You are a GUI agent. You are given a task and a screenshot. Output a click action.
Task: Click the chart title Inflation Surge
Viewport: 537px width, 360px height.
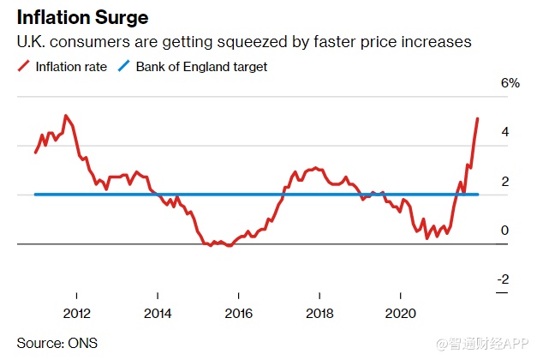click(76, 16)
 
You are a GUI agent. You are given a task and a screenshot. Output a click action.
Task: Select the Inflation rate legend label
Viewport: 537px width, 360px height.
click(73, 66)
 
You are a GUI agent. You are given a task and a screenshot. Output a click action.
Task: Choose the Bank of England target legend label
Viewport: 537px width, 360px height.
click(207, 66)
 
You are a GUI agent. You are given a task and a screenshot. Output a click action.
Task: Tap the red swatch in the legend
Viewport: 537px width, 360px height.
click(24, 66)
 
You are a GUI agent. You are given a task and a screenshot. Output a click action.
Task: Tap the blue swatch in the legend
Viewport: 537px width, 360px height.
click(127, 66)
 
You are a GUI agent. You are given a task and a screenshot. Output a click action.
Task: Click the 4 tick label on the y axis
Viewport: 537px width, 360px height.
click(505, 132)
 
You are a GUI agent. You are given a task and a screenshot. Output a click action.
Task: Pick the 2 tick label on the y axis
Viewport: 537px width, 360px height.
click(505, 181)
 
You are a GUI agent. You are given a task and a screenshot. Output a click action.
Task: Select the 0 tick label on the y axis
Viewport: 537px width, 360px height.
click(505, 230)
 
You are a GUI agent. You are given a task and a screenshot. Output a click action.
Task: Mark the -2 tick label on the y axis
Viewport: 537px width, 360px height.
click(504, 279)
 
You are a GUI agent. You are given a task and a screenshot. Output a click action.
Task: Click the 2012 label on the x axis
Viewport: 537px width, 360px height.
click(77, 313)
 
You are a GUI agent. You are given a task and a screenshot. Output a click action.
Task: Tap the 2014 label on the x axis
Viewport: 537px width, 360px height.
click(158, 313)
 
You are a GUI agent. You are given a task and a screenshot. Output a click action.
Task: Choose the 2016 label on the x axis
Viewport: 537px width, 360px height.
click(239, 313)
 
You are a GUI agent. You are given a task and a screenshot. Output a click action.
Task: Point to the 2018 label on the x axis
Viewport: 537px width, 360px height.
click(319, 313)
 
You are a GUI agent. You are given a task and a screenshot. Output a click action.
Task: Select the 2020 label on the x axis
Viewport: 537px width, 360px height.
click(401, 313)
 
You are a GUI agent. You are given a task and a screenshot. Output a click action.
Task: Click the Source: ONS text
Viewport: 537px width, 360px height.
click(57, 343)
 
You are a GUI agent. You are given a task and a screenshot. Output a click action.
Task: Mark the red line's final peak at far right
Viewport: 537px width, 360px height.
click(477, 119)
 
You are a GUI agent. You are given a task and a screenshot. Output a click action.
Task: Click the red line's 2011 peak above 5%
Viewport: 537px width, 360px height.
click(66, 116)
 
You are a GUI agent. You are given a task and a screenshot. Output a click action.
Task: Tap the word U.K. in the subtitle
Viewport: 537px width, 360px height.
click(33, 42)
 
